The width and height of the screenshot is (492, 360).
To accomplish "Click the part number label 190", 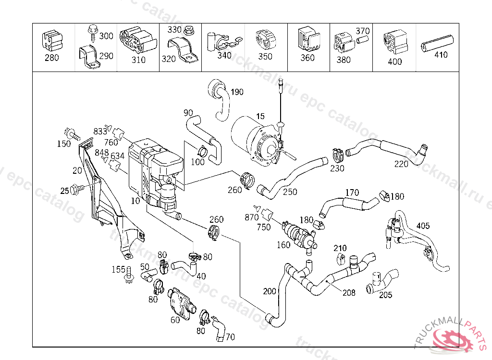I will [237, 92].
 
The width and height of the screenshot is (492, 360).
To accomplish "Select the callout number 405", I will [423, 226].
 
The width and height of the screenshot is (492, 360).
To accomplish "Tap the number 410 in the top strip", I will [441, 55].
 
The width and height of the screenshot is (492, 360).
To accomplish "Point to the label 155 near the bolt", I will [118, 269].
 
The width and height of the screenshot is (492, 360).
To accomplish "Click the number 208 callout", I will [349, 292].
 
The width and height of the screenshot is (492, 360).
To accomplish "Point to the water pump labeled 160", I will [299, 235].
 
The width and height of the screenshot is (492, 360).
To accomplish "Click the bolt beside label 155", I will [129, 276].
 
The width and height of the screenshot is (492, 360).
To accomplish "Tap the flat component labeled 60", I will [179, 303].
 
